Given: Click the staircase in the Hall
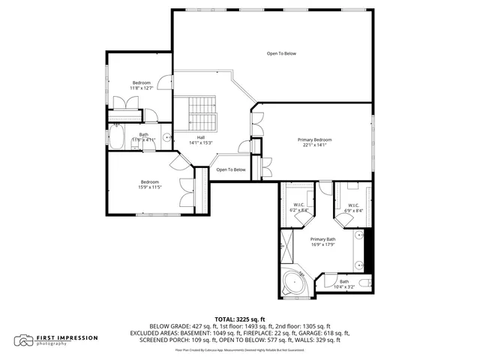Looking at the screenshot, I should point(201,113).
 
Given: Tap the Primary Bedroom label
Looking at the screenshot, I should point(314,140).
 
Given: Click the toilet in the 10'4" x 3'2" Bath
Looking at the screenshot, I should point(364,283).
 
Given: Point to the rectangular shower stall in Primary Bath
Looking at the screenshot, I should point(286,243).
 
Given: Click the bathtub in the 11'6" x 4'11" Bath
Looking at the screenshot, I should point(118,137).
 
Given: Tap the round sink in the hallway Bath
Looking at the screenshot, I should point(166,137).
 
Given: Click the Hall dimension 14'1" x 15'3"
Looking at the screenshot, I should point(200,142).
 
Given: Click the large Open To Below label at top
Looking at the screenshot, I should point(282,54).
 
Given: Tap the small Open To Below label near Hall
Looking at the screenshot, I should point(231,169).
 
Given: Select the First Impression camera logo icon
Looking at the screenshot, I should point(25,340).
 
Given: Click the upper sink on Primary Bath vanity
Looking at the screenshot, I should point(358,234).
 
